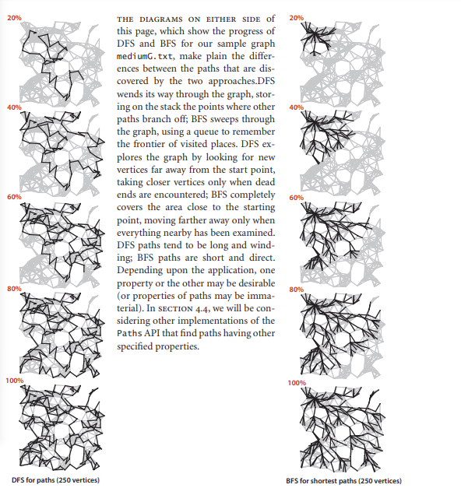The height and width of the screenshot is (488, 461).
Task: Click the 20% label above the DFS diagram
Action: (x=14, y=18)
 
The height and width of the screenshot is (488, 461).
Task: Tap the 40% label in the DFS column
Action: (x=14, y=107)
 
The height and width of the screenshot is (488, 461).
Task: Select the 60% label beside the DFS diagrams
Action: (x=14, y=197)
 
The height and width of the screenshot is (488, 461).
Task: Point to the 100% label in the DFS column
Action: (x=15, y=381)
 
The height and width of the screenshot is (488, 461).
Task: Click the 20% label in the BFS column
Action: (x=296, y=18)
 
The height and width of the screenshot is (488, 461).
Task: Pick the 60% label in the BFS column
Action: (x=296, y=198)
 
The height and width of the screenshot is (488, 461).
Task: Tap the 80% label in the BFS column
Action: (x=296, y=290)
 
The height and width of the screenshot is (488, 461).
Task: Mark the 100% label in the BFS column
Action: (x=297, y=383)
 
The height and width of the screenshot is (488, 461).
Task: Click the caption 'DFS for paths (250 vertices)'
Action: (x=55, y=480)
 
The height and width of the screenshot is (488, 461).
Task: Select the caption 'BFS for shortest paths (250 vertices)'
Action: (x=344, y=481)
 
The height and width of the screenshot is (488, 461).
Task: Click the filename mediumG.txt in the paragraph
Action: (x=145, y=56)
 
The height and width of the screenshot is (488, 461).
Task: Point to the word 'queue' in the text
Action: (x=205, y=132)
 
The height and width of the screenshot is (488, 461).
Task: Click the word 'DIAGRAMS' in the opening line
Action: (x=160, y=19)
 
